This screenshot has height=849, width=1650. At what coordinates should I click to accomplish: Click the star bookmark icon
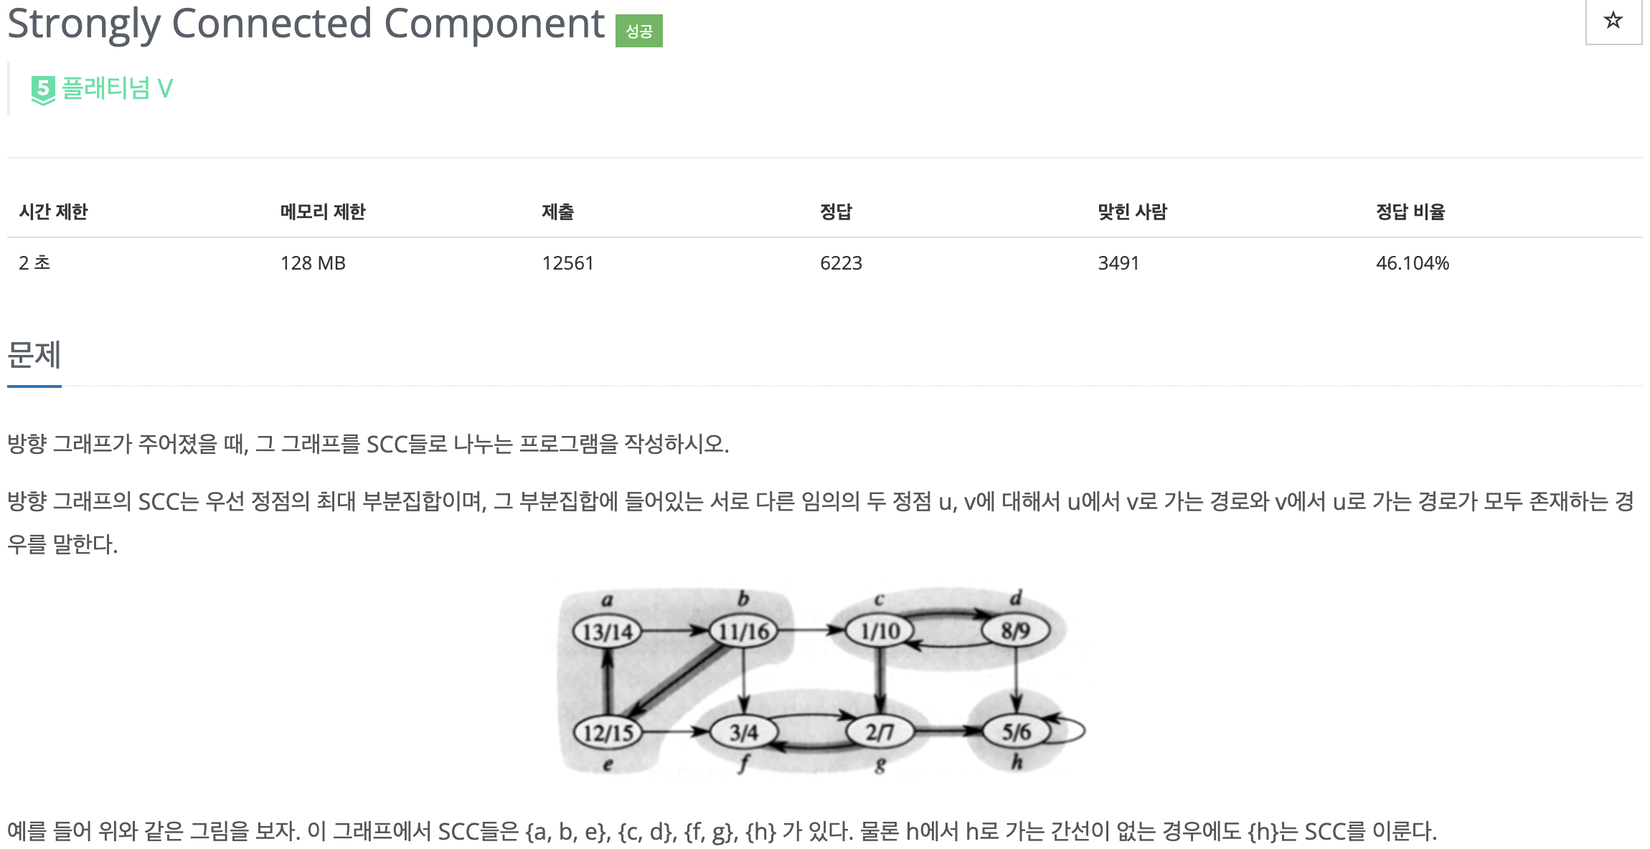coord(1613,20)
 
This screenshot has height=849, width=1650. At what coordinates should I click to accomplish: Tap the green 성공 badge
coord(638,31)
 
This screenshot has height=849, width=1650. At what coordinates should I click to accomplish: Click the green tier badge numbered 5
coord(43,90)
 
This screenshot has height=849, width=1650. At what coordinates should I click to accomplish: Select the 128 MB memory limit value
coord(313,263)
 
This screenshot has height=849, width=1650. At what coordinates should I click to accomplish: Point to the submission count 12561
coord(567,263)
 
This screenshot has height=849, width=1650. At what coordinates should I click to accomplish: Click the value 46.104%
coord(1412,263)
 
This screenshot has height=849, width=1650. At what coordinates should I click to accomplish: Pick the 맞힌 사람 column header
coord(1132,212)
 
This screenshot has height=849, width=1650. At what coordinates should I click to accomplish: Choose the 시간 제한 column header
coord(53,212)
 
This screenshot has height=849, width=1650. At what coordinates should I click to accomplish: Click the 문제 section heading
coord(34,355)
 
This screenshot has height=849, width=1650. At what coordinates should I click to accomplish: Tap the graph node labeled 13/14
coord(607,632)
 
